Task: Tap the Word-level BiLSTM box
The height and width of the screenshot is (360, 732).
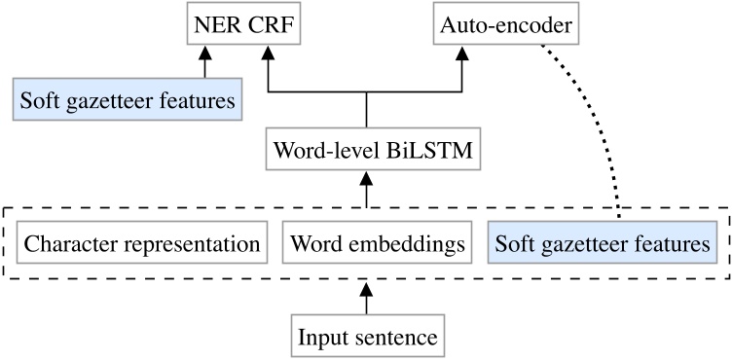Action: pyautogui.click(x=366, y=151)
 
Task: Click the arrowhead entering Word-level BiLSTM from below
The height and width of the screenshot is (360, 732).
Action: pyautogui.click(x=366, y=180)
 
